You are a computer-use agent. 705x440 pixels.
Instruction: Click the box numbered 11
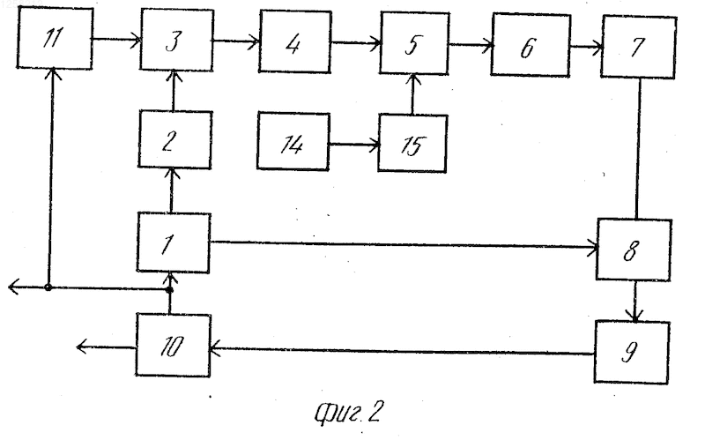pos(55,38)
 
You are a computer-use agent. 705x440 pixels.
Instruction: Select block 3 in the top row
pos(177,40)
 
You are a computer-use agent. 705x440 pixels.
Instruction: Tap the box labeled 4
pos(295,41)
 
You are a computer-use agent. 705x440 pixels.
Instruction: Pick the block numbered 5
pos(414,43)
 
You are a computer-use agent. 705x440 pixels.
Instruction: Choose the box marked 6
pos(531,45)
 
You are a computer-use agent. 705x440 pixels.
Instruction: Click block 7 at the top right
pos(638,47)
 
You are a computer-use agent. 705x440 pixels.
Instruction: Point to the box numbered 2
pos(174,139)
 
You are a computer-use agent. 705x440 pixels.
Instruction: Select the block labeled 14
pos(293,141)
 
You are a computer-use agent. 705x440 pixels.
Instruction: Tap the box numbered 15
pos(412,144)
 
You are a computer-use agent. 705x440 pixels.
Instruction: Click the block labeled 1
pos(173,243)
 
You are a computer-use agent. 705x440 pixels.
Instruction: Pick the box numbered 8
pos(634,250)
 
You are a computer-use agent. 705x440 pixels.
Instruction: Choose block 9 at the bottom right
pos(632,352)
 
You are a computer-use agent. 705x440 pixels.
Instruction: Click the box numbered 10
pos(173,345)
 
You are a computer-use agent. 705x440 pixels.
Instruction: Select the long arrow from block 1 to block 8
pos(404,245)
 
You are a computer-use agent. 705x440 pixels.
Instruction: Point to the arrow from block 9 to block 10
pos(402,351)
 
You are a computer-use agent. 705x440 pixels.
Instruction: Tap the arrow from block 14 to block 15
pos(354,145)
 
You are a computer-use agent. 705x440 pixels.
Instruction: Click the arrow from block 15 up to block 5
pos(413,94)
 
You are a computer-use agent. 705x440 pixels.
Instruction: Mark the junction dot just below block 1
pos(169,290)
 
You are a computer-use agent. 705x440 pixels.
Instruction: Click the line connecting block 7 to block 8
pos(638,149)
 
